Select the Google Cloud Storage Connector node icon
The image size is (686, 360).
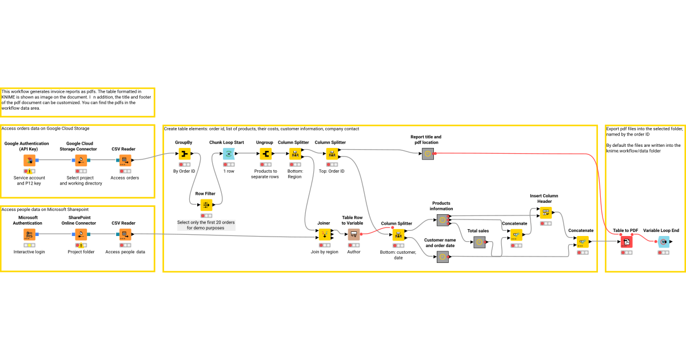click(81, 161)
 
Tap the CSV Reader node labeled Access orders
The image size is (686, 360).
click(124, 161)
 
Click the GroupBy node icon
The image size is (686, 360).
click(184, 154)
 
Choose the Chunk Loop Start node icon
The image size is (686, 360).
click(228, 154)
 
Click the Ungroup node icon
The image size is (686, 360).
click(265, 154)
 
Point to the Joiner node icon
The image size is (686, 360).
click(324, 234)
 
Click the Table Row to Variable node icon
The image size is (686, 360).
click(354, 234)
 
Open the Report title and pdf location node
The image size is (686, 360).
click(427, 154)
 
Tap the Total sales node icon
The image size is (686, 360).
click(479, 242)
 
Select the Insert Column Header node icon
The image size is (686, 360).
click(545, 213)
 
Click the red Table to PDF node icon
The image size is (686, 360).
click(627, 242)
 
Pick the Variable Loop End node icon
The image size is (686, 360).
click(663, 242)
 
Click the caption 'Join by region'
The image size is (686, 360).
click(324, 251)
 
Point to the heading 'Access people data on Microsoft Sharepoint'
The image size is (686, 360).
click(46, 210)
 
